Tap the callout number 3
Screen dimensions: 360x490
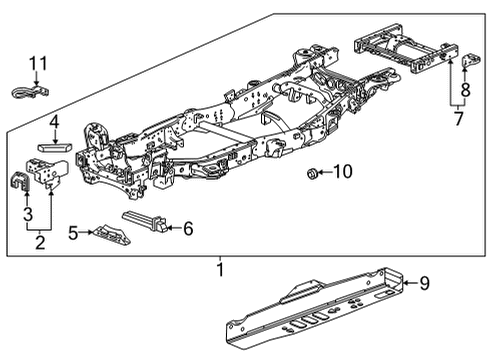(x=28, y=213)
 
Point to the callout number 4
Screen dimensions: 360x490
(x=54, y=124)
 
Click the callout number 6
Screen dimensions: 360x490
(x=187, y=228)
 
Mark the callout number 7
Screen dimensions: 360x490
(x=459, y=120)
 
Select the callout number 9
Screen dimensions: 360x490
(x=424, y=284)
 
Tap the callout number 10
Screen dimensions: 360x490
(x=342, y=172)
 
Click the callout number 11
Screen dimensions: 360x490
(x=38, y=66)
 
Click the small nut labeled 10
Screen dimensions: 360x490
(x=311, y=174)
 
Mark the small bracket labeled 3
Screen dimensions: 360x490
(x=20, y=184)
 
